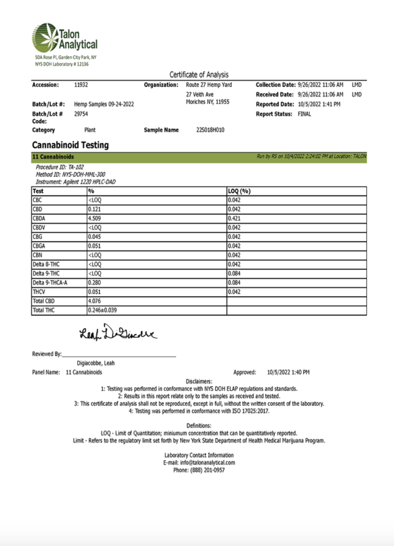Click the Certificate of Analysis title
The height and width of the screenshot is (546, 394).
[199, 75]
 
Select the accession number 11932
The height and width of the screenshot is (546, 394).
[81, 85]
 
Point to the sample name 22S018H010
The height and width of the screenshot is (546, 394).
[210, 130]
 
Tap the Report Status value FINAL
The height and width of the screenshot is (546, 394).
[304, 114]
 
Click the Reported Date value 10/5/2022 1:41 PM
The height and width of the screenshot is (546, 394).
[319, 104]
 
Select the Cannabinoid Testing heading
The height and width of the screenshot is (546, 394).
[70, 145]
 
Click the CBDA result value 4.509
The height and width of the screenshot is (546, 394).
[95, 219]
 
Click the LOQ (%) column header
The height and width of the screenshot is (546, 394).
[240, 191]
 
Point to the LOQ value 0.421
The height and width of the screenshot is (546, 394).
[234, 219]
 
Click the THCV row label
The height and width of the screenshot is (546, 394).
[39, 292]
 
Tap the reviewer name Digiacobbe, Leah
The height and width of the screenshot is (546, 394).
[96, 363]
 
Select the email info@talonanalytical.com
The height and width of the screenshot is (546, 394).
[199, 463]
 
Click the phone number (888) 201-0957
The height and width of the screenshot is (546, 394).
[199, 470]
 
